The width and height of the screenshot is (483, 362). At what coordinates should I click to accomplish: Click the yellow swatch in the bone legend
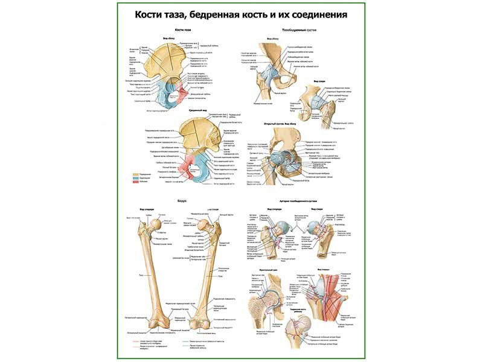click(x=138, y=173)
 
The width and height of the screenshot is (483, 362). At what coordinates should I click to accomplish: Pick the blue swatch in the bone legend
click(x=138, y=179)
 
